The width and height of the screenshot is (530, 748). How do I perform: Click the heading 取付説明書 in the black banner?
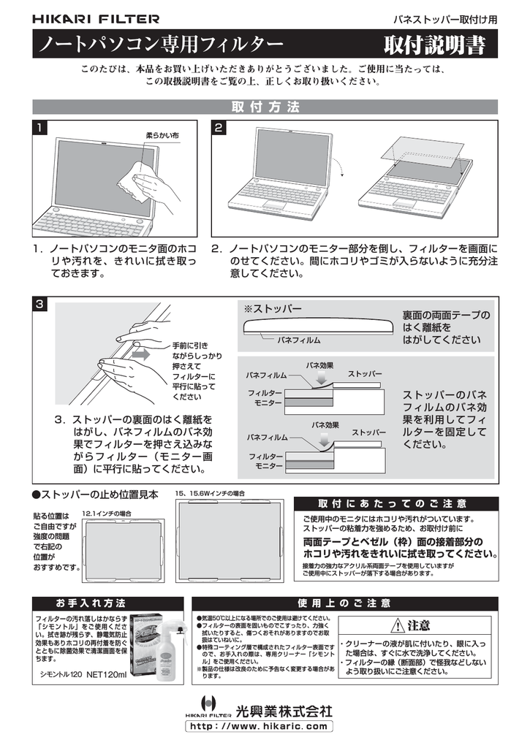pos(435,45)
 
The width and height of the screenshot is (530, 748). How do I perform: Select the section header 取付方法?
pos(265,107)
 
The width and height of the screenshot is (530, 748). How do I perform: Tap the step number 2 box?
pos(218,129)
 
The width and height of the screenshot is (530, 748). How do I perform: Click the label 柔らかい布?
pos(162,137)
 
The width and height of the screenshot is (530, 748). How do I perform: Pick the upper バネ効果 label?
pos(320,365)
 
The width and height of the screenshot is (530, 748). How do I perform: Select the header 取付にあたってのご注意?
pos(395,504)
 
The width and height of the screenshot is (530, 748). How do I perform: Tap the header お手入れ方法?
pos(92,603)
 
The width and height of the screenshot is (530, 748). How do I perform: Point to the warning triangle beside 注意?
pos(397,626)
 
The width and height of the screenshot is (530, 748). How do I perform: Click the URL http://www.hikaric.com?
pos(260,727)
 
